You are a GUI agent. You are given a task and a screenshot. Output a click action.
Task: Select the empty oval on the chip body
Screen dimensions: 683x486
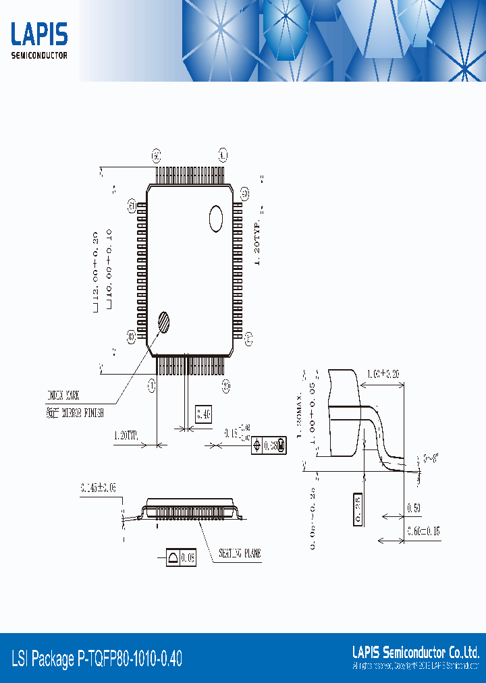tap(216, 219)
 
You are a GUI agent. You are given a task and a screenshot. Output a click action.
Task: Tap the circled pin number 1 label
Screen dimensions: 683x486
tap(152, 385)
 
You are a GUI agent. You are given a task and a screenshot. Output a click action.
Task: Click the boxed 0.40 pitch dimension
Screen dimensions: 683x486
tap(203, 414)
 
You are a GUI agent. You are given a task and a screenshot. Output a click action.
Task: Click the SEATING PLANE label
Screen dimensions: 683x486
tap(240, 553)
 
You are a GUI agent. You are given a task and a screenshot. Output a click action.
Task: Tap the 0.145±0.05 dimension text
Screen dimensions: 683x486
tap(98, 487)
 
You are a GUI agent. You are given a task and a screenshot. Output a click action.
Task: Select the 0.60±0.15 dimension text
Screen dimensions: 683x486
tap(423, 532)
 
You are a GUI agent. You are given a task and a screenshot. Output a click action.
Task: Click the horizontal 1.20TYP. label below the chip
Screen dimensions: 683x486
tap(126, 436)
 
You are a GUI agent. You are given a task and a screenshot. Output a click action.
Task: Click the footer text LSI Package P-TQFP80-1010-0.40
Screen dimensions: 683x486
tap(97, 659)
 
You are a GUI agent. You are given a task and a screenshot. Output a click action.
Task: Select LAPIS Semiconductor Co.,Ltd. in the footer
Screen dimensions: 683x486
tap(416, 652)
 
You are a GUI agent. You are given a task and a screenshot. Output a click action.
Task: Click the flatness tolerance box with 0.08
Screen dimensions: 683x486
tap(181, 557)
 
